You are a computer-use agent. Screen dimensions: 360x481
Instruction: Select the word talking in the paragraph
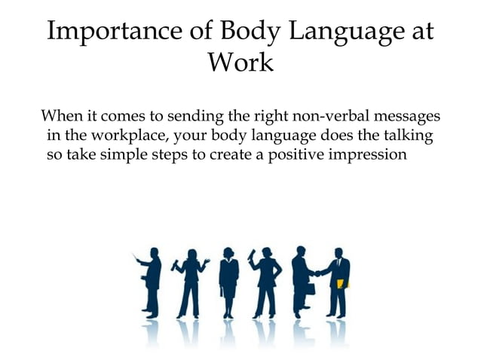[x=406, y=137]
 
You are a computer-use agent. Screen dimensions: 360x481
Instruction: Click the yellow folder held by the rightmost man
[x=342, y=283]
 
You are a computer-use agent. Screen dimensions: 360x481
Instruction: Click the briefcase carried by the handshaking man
[x=309, y=288]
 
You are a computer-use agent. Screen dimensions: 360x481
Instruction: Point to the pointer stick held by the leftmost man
[x=137, y=258]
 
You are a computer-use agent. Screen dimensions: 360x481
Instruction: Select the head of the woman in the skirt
[x=228, y=252]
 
